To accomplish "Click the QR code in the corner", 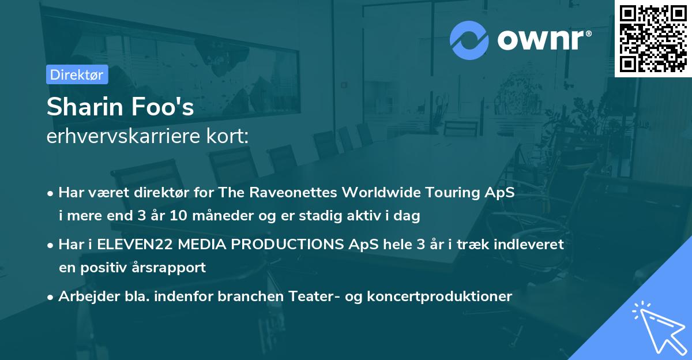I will point(653,38).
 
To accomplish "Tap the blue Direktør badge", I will point(77,74).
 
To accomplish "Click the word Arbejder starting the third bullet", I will point(85,296).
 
